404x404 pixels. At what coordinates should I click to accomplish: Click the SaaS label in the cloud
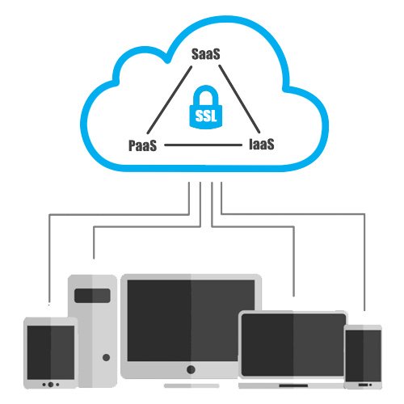tap(206, 54)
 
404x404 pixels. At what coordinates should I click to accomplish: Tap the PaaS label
tap(142, 145)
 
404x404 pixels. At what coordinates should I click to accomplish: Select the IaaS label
tap(262, 144)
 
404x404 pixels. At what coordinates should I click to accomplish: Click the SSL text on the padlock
tap(206, 116)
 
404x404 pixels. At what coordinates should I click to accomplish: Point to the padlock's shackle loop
tap(206, 91)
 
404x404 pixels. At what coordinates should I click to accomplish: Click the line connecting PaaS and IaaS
tap(204, 145)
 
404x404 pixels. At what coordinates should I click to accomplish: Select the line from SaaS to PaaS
tap(170, 100)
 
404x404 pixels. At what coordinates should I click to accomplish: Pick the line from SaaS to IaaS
tap(239, 99)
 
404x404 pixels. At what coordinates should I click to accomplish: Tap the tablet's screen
tap(51, 352)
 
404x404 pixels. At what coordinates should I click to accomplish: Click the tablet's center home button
tap(50, 385)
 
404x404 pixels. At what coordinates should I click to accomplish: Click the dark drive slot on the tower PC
tap(92, 296)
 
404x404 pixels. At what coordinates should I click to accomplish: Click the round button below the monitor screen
tap(191, 369)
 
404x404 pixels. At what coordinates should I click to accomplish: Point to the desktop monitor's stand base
tap(191, 386)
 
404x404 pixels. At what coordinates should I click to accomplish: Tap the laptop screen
tap(293, 345)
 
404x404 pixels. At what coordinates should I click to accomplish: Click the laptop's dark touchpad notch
tap(293, 385)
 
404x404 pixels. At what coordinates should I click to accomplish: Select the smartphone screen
tap(364, 356)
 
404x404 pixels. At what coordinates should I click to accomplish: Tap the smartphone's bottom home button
tap(364, 385)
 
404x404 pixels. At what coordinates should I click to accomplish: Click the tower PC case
tap(92, 331)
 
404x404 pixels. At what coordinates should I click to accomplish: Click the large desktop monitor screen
tap(191, 321)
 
